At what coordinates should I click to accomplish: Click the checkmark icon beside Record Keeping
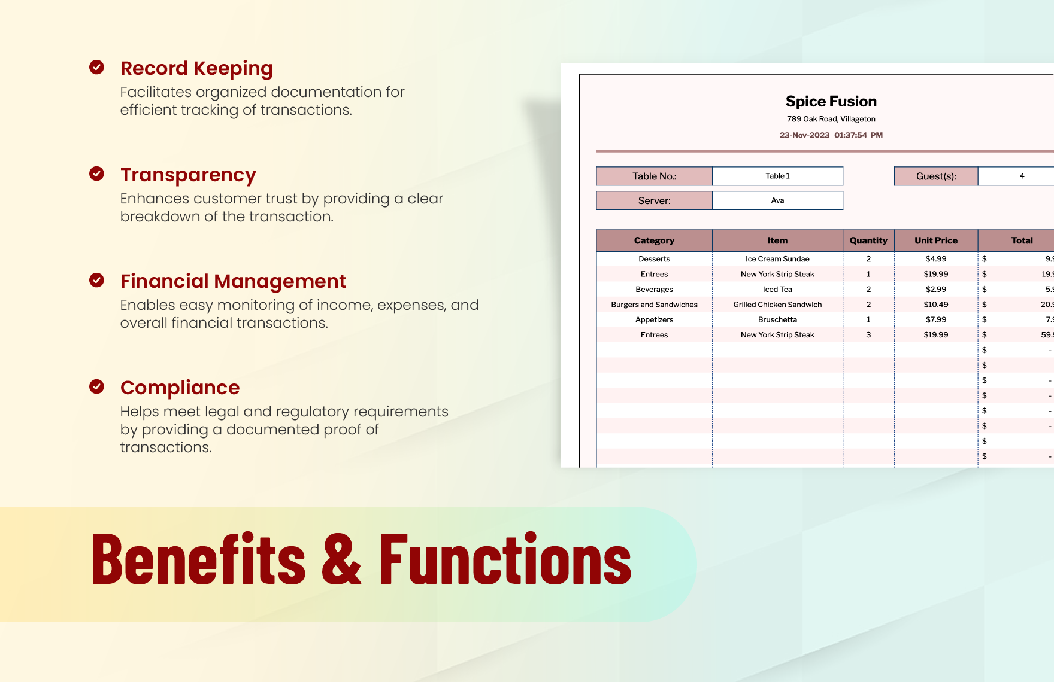pyautogui.click(x=96, y=67)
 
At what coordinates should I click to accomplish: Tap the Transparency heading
pyautogui.click(x=188, y=175)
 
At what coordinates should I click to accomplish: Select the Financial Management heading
pyautogui.click(x=233, y=281)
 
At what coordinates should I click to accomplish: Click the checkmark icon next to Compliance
pyautogui.click(x=96, y=386)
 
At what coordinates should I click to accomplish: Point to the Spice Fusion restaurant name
pyautogui.click(x=831, y=101)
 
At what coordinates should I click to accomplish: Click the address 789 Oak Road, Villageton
pyautogui.click(x=831, y=119)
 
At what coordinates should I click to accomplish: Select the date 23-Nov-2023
pyautogui.click(x=804, y=135)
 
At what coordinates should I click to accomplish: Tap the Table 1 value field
pyautogui.click(x=777, y=176)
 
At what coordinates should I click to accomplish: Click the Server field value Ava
pyautogui.click(x=777, y=200)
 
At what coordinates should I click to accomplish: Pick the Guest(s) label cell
pyautogui.click(x=935, y=176)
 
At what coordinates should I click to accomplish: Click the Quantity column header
pyautogui.click(x=868, y=240)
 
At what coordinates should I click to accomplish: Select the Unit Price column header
pyautogui.click(x=935, y=240)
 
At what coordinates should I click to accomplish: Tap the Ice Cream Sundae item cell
pyautogui.click(x=777, y=259)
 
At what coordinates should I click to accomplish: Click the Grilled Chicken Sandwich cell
pyautogui.click(x=777, y=305)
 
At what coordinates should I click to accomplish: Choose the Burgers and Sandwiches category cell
pyautogui.click(x=654, y=305)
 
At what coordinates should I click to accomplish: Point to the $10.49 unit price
pyautogui.click(x=935, y=305)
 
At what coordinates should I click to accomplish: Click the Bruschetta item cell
pyautogui.click(x=777, y=320)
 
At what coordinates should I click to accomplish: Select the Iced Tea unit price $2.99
pyautogui.click(x=935, y=290)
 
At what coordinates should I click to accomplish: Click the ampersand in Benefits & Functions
pyautogui.click(x=342, y=560)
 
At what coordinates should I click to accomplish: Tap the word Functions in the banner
pyautogui.click(x=505, y=560)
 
